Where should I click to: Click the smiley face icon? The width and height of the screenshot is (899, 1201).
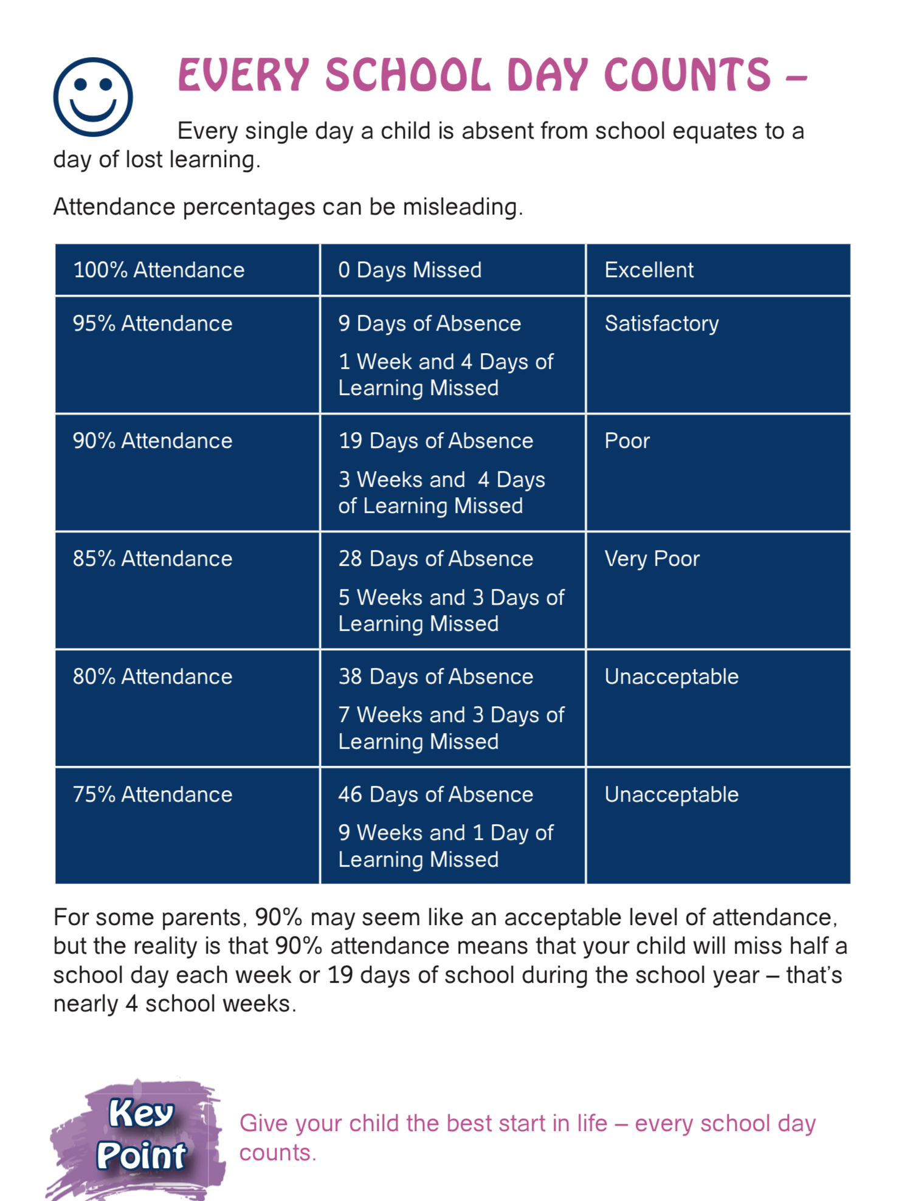click(x=93, y=97)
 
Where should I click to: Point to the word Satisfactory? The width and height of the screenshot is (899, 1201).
click(x=661, y=323)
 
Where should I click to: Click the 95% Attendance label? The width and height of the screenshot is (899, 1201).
click(x=153, y=323)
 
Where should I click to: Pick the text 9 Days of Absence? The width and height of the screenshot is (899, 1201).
click(x=430, y=323)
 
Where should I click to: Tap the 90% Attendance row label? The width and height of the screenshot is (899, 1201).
click(x=153, y=441)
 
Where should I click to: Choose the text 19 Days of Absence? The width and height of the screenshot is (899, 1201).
click(x=436, y=441)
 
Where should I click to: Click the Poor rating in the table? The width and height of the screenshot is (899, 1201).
click(x=627, y=441)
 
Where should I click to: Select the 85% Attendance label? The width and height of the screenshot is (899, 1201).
click(x=153, y=559)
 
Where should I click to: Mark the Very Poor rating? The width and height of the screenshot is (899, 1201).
click(x=652, y=559)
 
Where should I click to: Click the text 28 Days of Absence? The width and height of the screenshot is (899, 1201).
click(x=436, y=559)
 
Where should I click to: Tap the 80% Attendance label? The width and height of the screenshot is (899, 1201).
click(x=153, y=676)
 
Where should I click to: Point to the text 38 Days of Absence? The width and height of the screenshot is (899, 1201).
click(x=436, y=676)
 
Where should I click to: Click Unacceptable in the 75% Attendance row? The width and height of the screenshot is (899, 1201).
click(x=671, y=794)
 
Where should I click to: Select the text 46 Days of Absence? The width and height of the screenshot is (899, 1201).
click(x=436, y=794)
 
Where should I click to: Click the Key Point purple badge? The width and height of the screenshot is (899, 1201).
click(x=141, y=1135)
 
